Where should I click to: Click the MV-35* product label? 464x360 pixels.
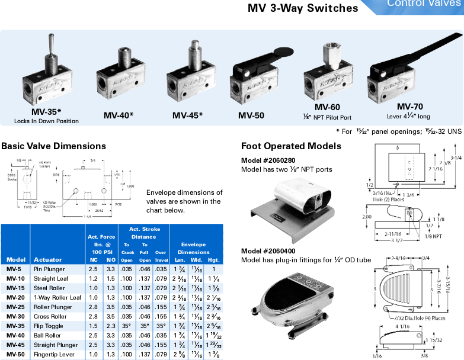coord(46,111)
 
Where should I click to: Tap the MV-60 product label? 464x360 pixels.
coord(327,107)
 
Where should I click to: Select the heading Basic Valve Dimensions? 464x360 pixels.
coord(54,146)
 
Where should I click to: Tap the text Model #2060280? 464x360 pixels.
coord(268,160)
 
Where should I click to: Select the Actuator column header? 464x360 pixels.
coord(48,259)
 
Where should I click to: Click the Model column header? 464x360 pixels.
coord(16,259)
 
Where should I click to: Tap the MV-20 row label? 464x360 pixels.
coord(15,297)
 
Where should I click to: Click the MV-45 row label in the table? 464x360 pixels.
coord(15,345)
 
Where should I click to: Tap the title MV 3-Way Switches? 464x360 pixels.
coord(302,8)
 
